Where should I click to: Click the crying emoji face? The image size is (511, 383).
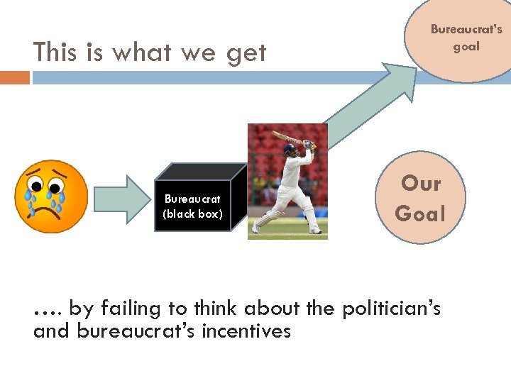tap(51, 196)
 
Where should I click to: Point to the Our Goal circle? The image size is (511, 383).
tap(420, 198)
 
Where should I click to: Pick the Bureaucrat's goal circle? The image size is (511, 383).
tap(465, 39)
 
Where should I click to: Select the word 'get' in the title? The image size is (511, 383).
tap(247, 54)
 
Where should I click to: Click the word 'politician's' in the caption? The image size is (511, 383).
tap(392, 309)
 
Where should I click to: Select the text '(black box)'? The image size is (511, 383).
tap(192, 213)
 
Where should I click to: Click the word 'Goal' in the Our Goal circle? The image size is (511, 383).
tap(420, 213)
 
